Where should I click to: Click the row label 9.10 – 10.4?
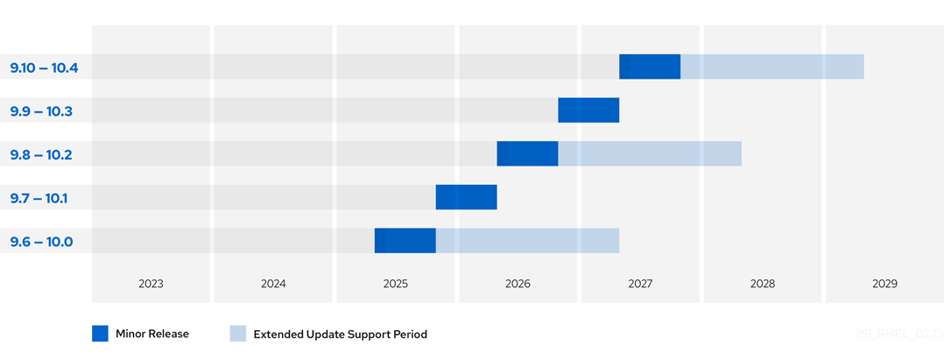(44, 67)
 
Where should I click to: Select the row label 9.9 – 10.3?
(41, 111)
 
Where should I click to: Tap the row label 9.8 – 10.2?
(41, 155)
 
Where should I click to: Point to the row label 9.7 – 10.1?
(39, 198)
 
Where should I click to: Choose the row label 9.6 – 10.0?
(41, 242)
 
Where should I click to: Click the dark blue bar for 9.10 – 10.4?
(650, 67)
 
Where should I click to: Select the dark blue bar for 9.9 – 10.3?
(588, 110)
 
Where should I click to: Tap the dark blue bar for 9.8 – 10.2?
(527, 153)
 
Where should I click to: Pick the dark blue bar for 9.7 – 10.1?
(466, 197)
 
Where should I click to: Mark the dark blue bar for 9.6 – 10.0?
(405, 241)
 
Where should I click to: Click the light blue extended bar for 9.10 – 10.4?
(772, 67)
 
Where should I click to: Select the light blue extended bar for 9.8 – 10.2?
(650, 153)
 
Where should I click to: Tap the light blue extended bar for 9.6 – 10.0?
(527, 241)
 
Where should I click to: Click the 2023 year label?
(151, 284)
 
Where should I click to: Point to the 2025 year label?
(395, 284)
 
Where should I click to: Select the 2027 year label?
(640, 284)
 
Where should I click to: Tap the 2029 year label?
(884, 284)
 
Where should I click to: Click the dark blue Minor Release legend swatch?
(100, 334)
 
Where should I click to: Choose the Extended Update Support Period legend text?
(340, 335)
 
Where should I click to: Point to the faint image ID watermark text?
(898, 335)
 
